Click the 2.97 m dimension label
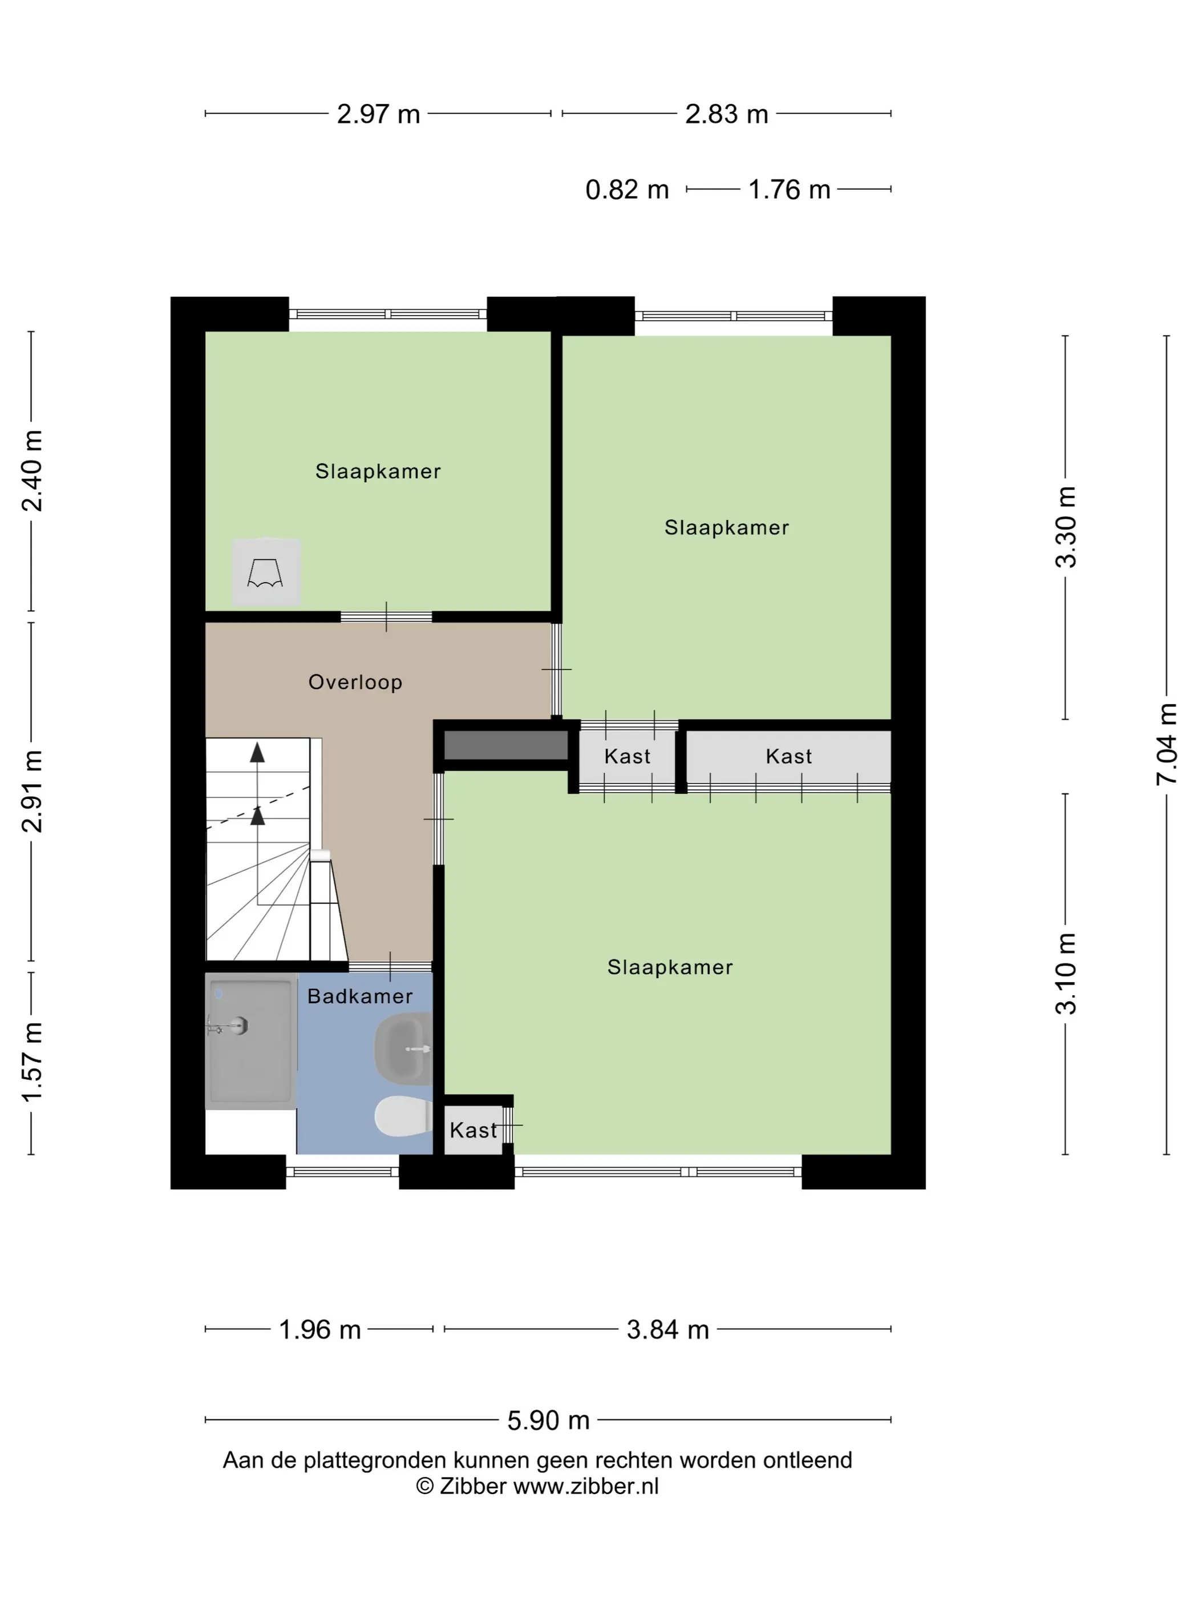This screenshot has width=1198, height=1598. tap(378, 114)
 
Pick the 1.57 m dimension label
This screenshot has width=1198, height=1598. tap(33, 1062)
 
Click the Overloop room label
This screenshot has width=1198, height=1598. tap(355, 682)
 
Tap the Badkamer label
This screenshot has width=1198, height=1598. tap(359, 996)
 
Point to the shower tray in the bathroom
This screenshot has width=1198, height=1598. tap(250, 1041)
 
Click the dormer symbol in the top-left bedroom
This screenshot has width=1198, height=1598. tap(266, 572)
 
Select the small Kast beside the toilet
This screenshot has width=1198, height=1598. tap(473, 1130)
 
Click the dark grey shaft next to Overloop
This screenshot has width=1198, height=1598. tap(505, 745)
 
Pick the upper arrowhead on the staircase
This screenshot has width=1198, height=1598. tap(257, 753)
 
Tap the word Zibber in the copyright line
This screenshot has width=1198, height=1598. tap(473, 1486)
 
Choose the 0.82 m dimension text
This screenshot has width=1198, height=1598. tap(627, 190)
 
